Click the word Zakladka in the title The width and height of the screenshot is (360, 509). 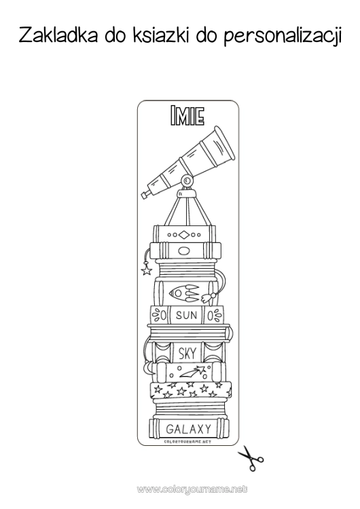[x=58, y=35]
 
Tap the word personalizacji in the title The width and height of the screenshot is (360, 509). [x=283, y=37]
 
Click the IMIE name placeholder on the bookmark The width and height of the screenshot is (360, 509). [x=187, y=115]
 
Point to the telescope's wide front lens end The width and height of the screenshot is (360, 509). [x=223, y=143]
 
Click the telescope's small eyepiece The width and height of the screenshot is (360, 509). [x=145, y=194]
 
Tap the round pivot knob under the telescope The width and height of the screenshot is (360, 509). [x=187, y=179]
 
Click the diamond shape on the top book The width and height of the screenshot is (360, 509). [x=184, y=235]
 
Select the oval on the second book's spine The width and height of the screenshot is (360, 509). [x=184, y=250]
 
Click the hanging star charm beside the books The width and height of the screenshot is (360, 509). [x=146, y=269]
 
